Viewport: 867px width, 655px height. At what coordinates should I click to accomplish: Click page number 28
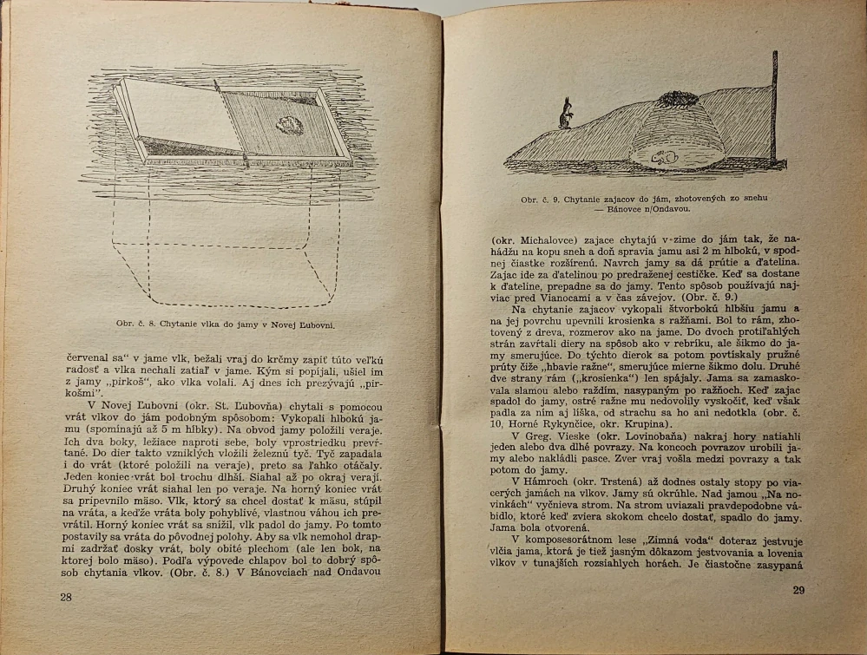(66, 598)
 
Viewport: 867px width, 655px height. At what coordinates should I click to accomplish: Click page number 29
(799, 591)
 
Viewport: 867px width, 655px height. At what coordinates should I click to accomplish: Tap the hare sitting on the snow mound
(566, 113)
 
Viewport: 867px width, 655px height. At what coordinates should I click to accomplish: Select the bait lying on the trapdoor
(290, 125)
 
